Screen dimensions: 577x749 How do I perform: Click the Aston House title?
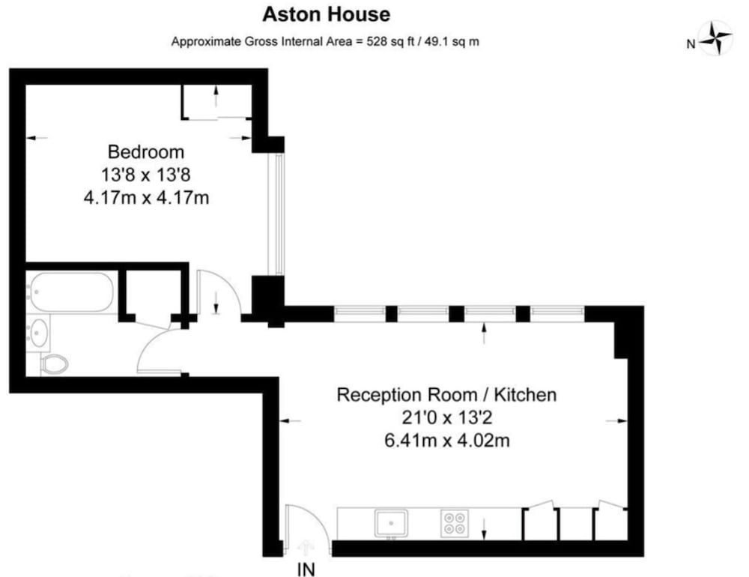point(326,14)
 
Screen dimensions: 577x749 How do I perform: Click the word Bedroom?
point(145,152)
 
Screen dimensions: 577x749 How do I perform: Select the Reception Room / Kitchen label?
point(446,394)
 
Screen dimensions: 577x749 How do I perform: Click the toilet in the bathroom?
point(54,364)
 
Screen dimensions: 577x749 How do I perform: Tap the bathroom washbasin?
point(39,330)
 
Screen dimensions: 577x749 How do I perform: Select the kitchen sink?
point(391,522)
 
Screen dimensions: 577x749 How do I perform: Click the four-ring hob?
point(453,522)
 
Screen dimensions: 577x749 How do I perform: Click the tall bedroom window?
point(278,214)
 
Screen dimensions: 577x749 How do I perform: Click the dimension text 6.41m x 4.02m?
point(446,441)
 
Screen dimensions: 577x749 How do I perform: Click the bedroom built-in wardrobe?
point(217,101)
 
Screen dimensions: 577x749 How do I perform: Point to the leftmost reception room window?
point(360,313)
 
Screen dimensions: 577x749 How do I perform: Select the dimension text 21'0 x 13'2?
point(446,417)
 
